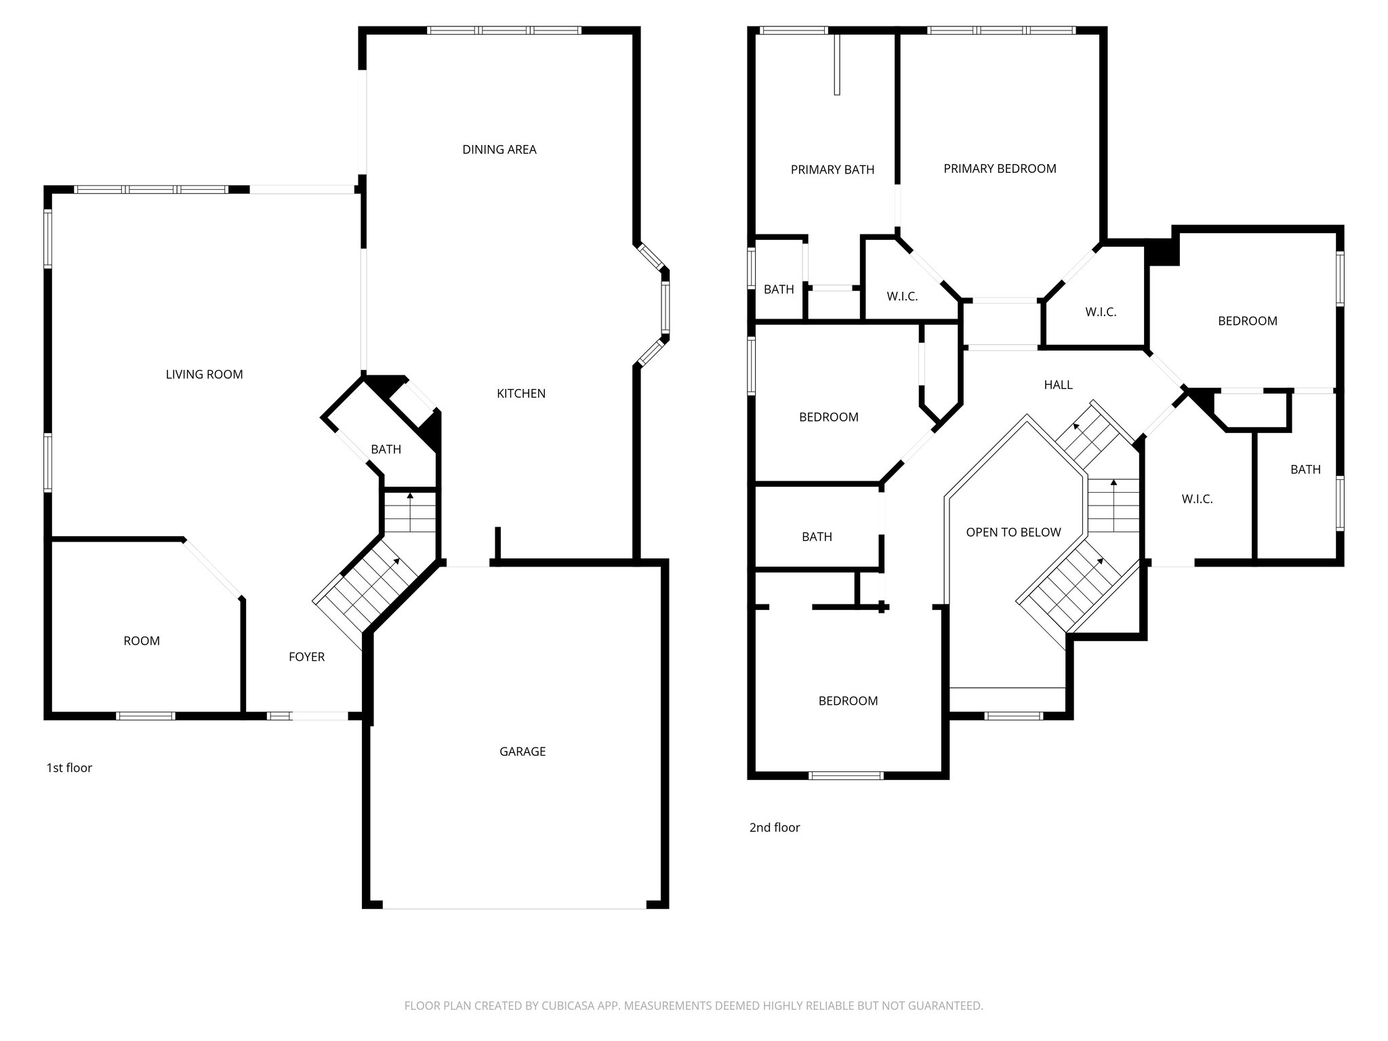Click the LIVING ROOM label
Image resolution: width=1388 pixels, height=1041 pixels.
pos(204,374)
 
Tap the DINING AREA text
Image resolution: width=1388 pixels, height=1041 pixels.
pos(499,150)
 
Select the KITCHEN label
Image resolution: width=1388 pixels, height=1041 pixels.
pos(520,394)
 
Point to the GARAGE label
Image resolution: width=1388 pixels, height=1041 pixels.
pos(522,752)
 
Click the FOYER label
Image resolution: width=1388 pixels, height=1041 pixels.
pos(306,657)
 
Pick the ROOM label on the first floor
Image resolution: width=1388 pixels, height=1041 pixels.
pos(142,641)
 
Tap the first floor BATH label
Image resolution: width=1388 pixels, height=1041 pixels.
pos(386,449)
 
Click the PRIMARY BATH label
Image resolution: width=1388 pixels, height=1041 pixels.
pos(832,170)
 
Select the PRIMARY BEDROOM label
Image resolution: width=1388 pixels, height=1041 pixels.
pos(1000,169)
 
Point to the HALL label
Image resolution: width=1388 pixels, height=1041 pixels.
pos(1058,385)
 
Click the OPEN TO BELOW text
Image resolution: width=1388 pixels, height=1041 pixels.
pos(1013,533)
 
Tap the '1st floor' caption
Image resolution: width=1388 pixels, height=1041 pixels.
pos(69,768)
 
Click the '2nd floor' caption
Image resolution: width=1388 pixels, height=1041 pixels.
pos(775,828)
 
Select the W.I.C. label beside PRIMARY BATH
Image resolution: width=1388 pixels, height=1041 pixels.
pos(902,297)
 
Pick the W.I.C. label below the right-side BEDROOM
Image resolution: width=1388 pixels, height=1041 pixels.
pos(1197,499)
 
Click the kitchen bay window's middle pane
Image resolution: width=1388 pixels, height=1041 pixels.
pos(665,308)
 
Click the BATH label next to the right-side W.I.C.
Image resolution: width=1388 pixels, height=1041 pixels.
pos(1305,470)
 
